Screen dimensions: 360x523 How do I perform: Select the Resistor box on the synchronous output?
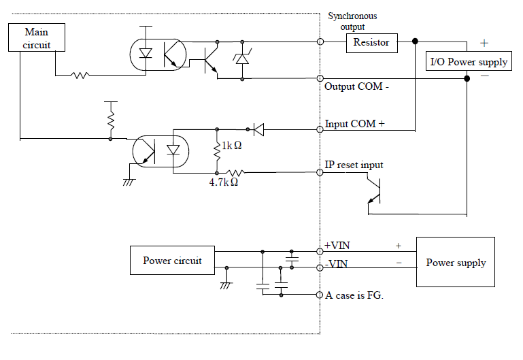click(x=371, y=42)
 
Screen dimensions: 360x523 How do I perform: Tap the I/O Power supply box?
click(x=469, y=62)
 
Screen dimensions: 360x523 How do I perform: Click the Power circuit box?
click(x=171, y=261)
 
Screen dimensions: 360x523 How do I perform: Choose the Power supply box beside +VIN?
click(x=456, y=263)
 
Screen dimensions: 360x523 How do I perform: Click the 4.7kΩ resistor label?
click(x=224, y=182)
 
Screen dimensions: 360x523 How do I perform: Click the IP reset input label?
click(x=354, y=165)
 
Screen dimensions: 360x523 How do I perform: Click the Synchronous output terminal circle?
click(x=320, y=42)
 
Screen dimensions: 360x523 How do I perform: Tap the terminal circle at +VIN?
click(x=320, y=250)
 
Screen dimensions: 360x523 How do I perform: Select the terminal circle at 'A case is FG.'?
click(x=320, y=295)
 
